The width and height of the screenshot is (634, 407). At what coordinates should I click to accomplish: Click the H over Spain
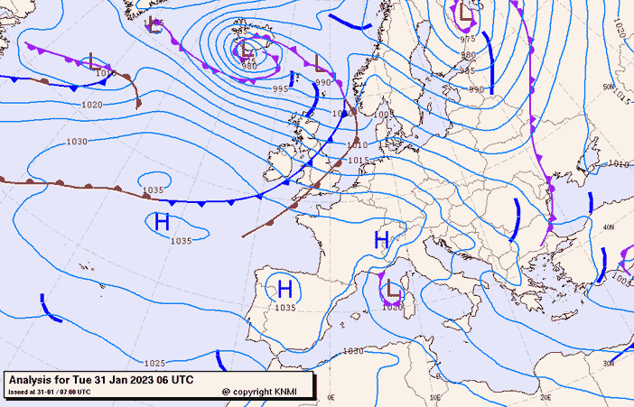(x=284, y=290)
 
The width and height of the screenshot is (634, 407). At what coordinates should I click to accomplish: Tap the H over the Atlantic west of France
(x=163, y=222)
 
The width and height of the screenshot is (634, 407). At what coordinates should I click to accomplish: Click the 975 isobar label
(x=467, y=39)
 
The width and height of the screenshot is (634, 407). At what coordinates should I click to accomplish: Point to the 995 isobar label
(x=281, y=89)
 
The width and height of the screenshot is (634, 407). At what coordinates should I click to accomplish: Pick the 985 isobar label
(x=467, y=70)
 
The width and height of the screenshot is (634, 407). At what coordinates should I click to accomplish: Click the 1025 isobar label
(x=154, y=363)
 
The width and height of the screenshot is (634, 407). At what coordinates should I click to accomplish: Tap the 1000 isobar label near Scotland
(x=340, y=115)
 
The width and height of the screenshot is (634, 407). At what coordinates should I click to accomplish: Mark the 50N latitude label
(x=610, y=88)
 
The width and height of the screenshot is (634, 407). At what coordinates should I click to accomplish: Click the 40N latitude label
(x=610, y=227)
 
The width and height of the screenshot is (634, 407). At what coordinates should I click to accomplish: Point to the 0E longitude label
(x=331, y=396)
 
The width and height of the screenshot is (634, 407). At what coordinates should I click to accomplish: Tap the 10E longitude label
(x=435, y=396)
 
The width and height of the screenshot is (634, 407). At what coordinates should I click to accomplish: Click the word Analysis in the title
(x=33, y=380)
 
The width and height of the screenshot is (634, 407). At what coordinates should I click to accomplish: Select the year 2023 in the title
(x=142, y=380)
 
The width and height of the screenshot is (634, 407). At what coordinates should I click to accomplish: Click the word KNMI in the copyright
(x=284, y=392)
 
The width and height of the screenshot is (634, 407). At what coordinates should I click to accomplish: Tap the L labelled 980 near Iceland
(x=246, y=50)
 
